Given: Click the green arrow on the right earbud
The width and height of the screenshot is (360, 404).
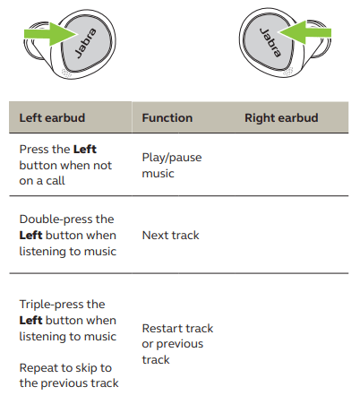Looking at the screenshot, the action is point(304,32).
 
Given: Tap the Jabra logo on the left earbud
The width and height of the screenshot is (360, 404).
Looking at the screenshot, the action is point(85,43).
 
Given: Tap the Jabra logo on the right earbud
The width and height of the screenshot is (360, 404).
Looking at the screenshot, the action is point(270,42).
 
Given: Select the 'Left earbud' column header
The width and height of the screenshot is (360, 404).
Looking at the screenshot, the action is point(52,117).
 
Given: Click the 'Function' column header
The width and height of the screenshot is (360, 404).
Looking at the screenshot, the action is point(167,117).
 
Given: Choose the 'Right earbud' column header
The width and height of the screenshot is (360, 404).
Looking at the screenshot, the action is point(281,118).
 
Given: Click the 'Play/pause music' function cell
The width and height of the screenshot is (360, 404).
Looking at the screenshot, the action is point(172,165).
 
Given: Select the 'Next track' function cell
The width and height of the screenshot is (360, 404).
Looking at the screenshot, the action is point(170,235).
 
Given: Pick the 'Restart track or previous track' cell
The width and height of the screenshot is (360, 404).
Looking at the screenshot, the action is point(177,344).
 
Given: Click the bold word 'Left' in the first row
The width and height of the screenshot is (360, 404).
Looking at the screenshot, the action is point(85,149).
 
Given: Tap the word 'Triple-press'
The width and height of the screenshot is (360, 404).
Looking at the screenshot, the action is point(49,305).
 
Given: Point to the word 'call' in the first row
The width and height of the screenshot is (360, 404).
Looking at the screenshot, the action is point(56,181).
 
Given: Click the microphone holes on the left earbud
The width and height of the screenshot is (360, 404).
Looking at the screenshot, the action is point(66,73).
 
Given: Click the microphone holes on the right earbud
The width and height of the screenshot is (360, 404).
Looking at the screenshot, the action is point(288,72).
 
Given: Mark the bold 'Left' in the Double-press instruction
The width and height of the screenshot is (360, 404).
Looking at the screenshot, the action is point(30,235).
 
